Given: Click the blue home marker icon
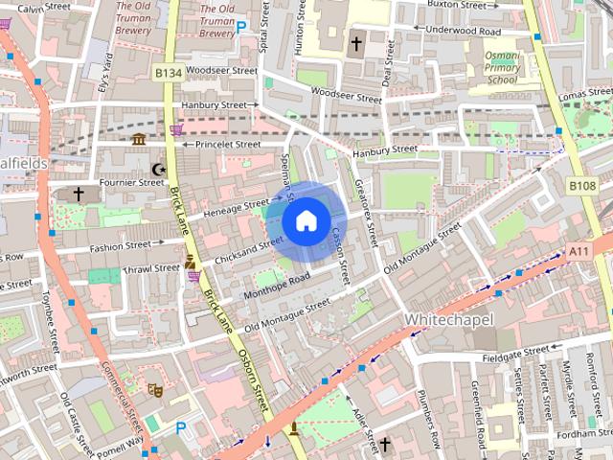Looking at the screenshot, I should [x=306, y=221].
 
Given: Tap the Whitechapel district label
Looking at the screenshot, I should [x=447, y=317].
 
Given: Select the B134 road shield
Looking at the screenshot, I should [x=169, y=73].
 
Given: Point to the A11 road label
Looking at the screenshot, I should [x=579, y=251].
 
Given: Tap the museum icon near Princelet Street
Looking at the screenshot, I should [x=139, y=140].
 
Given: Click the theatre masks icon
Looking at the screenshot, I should [x=152, y=390].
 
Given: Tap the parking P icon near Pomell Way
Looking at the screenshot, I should [x=180, y=428].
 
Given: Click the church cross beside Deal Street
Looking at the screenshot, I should [x=356, y=44].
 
